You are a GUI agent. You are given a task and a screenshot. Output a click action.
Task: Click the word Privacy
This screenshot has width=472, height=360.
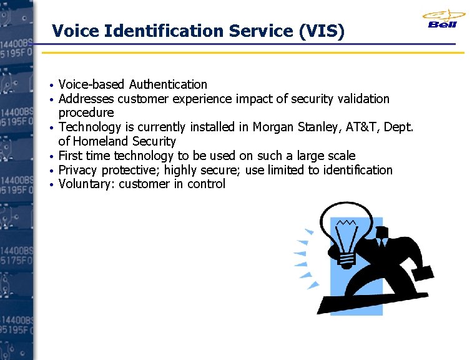[x=78, y=170]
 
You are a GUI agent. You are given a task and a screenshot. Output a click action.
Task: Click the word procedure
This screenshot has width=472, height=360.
[x=86, y=113]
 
